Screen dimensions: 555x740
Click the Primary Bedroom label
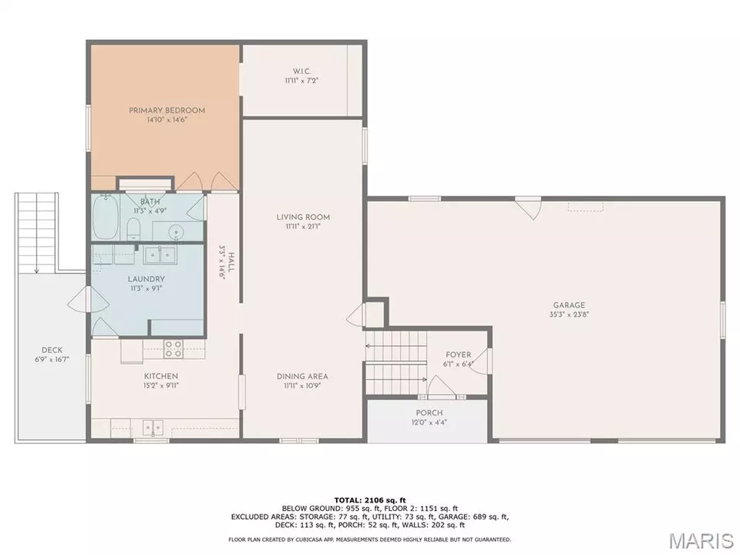coord(166,110)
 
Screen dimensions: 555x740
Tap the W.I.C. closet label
coord(301,71)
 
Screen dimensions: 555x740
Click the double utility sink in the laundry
coord(160,255)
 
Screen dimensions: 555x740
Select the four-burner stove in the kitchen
coord(173,348)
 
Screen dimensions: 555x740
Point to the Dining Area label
coord(302,376)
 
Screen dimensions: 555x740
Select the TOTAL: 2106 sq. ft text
coord(369,500)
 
